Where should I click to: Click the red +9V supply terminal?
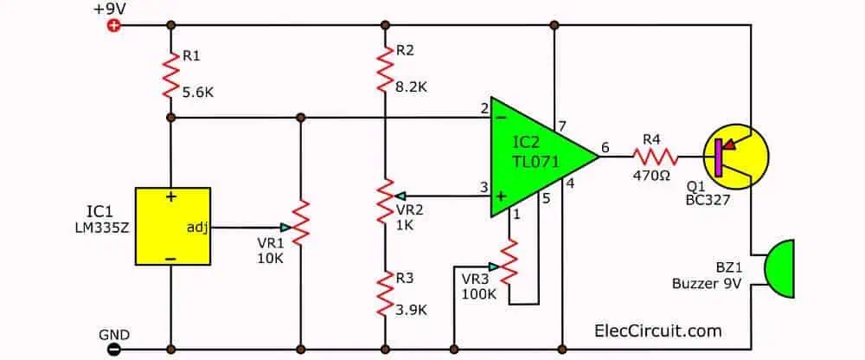(112, 25)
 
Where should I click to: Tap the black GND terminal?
(112, 350)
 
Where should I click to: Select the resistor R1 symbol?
(171, 71)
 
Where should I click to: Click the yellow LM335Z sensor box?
(174, 225)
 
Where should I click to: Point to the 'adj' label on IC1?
(196, 228)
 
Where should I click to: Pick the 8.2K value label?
(411, 87)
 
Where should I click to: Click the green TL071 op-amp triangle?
(536, 156)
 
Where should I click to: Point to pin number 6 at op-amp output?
(605, 148)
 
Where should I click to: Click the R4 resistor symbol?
(655, 157)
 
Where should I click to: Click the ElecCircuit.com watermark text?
(658, 331)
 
